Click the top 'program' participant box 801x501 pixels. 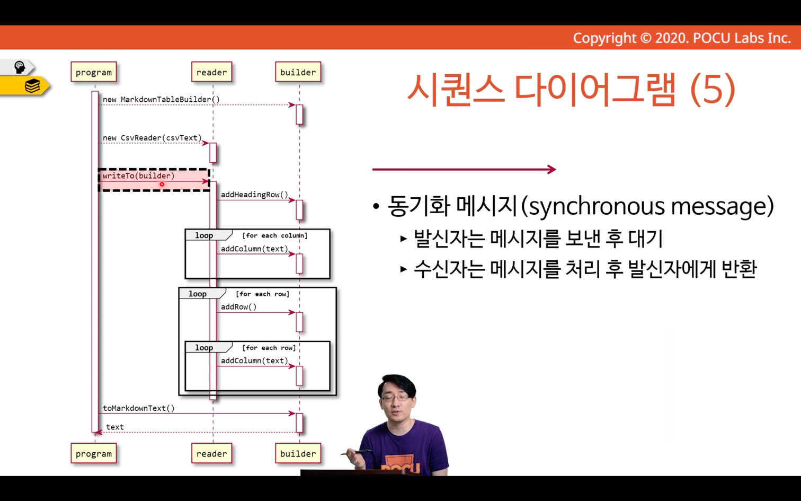point(94,72)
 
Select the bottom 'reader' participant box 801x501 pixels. point(212,453)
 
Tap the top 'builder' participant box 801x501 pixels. point(298,72)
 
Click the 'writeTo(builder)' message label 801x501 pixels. point(139,175)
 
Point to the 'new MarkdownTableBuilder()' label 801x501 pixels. point(161,100)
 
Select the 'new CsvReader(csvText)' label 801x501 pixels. point(153,138)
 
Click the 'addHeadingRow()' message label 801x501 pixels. point(255,195)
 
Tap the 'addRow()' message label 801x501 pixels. point(238,306)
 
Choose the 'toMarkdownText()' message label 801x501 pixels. point(139,408)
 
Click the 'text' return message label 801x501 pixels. point(115,427)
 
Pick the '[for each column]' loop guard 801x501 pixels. point(274,235)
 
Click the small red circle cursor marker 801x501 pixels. point(162,184)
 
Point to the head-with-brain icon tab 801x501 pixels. point(19,67)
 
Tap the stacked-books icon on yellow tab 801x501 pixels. point(32,86)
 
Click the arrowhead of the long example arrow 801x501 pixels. point(552,169)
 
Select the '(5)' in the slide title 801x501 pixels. point(713,90)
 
